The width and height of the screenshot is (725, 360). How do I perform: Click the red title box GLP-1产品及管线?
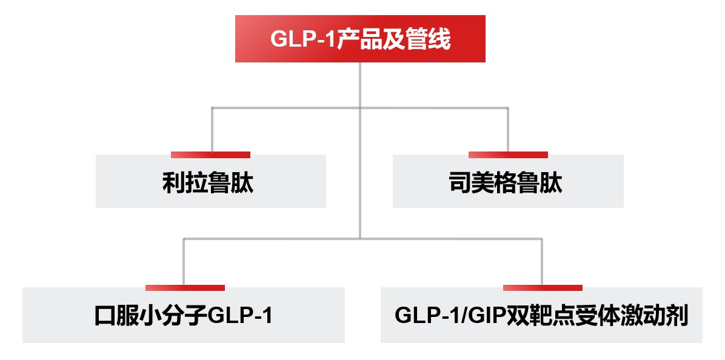[360, 39]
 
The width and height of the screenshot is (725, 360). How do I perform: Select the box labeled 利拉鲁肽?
[210, 182]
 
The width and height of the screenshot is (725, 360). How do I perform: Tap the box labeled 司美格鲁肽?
[508, 182]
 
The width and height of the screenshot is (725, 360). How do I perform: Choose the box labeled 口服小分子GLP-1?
[183, 316]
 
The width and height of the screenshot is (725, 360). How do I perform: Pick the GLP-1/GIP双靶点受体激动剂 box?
[541, 316]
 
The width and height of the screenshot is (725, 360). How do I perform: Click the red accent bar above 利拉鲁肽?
[210, 155]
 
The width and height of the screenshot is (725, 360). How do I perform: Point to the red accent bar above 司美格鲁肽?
[508, 155]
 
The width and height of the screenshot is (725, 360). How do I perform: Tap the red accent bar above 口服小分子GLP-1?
[185, 287]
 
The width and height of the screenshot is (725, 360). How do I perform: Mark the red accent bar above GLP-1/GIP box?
[543, 287]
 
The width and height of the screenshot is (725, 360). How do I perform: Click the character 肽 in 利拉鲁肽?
[242, 183]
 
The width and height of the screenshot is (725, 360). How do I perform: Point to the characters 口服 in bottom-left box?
[117, 316]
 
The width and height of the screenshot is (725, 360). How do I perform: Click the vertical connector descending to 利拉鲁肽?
[212, 129]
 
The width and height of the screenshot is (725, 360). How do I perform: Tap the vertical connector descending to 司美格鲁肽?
[508, 129]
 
